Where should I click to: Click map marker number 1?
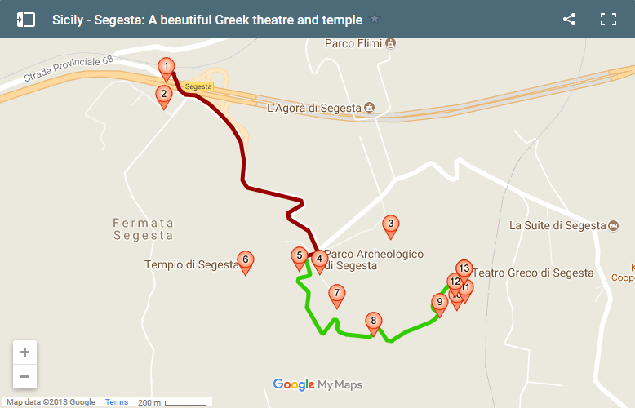point(167,67)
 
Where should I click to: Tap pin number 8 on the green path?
point(374,322)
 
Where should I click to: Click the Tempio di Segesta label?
point(191,264)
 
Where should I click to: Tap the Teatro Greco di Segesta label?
point(533,273)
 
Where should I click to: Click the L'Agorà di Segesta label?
point(313,107)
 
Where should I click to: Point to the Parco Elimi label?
point(353,43)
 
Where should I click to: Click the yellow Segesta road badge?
point(198,86)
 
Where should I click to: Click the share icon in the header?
point(570,20)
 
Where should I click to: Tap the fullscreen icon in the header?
point(608,20)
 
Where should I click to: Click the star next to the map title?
point(375,20)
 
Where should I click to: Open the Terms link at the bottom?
point(117,402)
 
